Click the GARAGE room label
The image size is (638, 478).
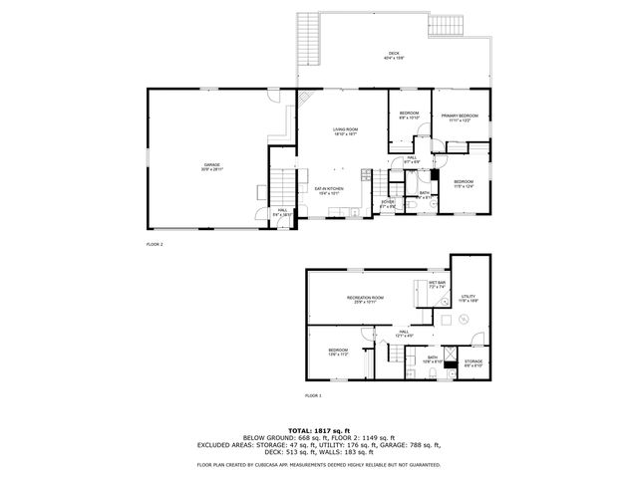point(212,164)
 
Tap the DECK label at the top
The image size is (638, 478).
point(395,53)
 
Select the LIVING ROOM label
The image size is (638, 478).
point(345,129)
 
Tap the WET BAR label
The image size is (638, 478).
point(438,283)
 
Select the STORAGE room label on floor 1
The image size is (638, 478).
point(474,360)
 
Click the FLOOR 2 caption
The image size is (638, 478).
point(155,244)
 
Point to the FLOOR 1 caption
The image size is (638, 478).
point(314,396)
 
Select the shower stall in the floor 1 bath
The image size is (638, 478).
point(452,355)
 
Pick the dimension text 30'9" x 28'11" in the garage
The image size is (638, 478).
point(212,170)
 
